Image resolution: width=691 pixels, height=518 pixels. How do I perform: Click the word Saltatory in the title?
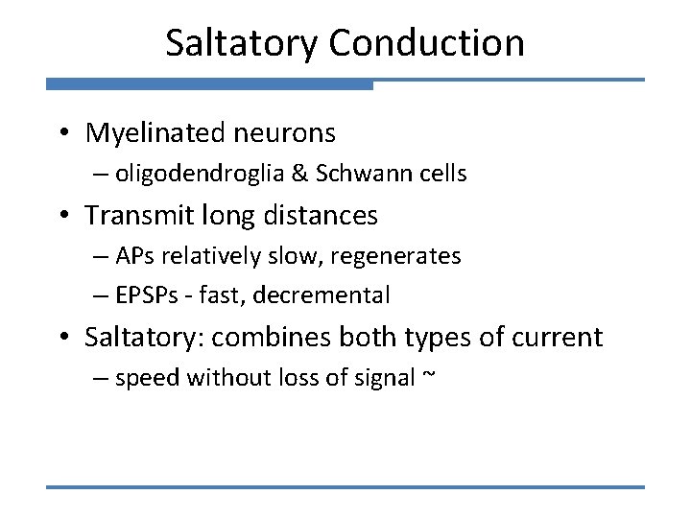[240, 43]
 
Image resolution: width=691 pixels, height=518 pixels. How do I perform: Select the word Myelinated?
[159, 132]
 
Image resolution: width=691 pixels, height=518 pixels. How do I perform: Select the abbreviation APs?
[134, 256]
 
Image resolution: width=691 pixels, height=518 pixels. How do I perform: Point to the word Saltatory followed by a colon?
[145, 338]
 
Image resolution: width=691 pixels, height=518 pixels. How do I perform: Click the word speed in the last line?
[148, 379]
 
